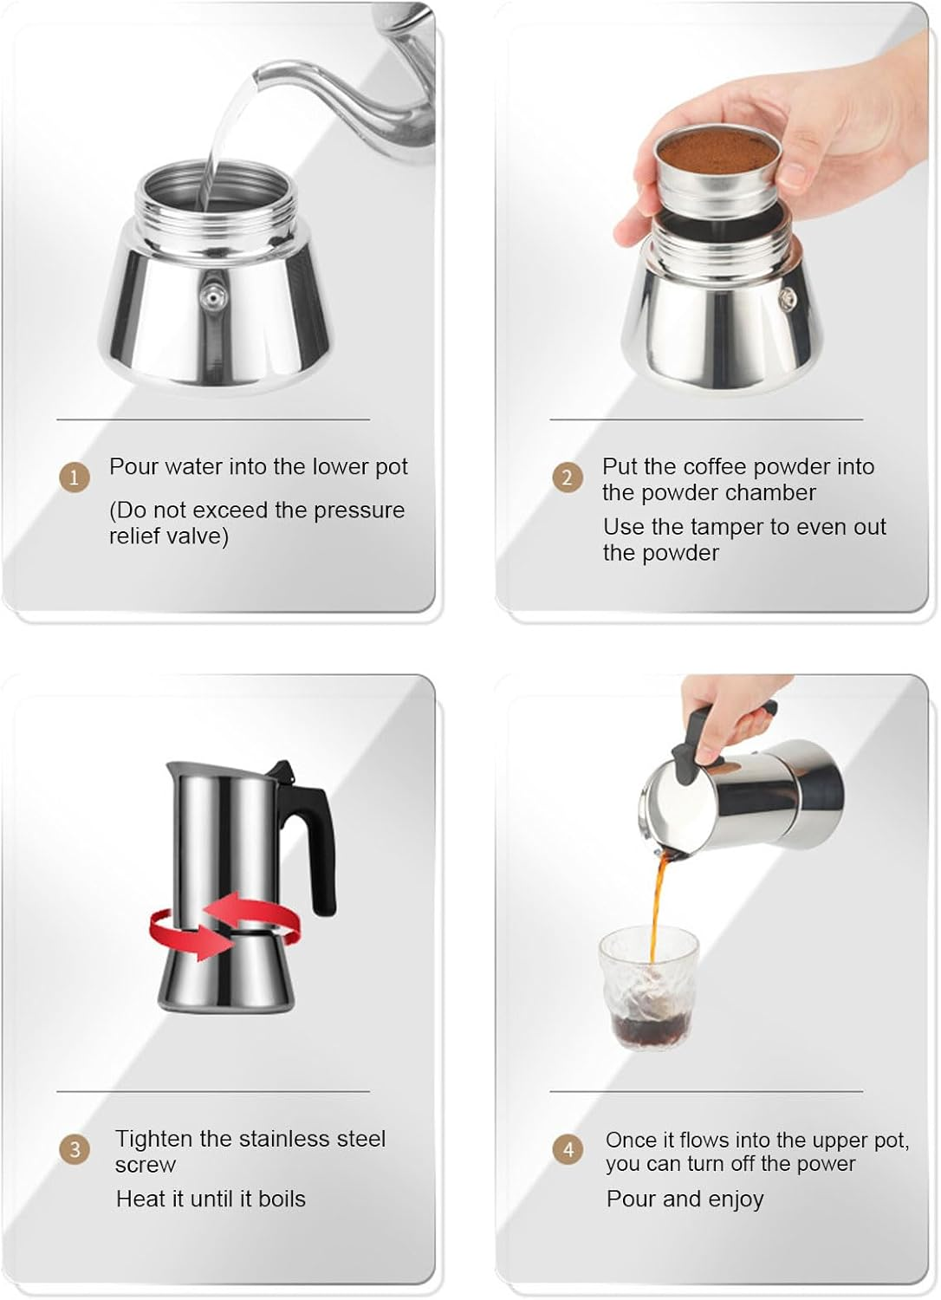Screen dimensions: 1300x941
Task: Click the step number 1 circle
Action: [x=74, y=478]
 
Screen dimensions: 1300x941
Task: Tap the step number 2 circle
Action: [x=568, y=478]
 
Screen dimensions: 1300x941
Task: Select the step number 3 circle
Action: [x=74, y=1150]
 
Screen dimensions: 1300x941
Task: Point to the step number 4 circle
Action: [x=568, y=1150]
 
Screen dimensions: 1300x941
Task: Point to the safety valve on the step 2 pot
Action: [x=787, y=300]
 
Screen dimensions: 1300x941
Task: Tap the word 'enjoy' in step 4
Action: [x=736, y=1200]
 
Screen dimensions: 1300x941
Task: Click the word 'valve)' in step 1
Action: [x=200, y=536]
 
